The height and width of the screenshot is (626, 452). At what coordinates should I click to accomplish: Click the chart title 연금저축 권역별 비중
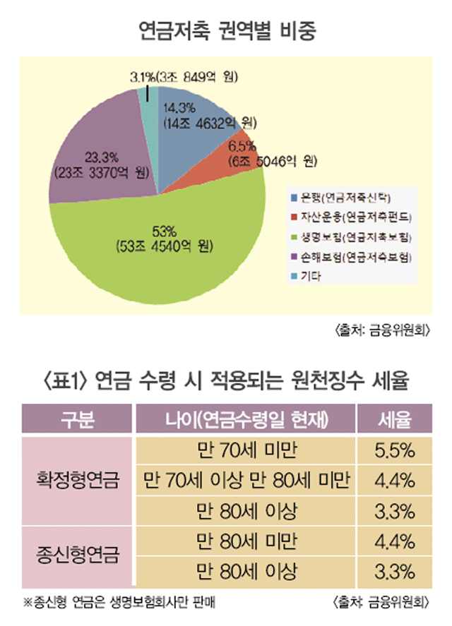coord(226,32)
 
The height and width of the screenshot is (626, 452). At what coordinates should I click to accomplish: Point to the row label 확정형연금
coord(78,481)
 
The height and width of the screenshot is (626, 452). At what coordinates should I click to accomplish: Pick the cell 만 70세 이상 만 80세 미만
coord(246,481)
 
